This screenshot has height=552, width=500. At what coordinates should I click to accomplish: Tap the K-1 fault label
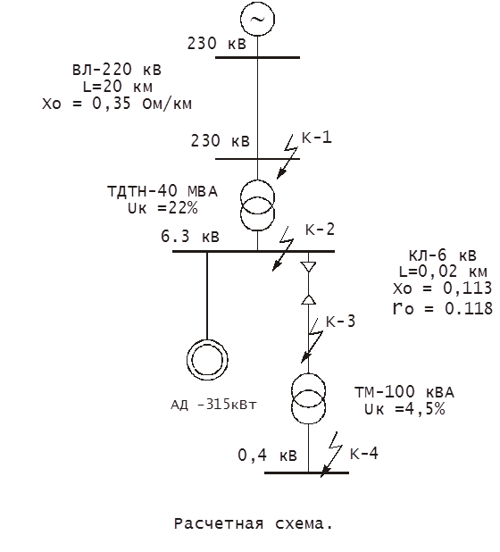(x=317, y=137)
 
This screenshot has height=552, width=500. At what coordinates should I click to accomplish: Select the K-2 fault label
(x=320, y=230)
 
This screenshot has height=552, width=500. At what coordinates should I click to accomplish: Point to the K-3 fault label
(x=340, y=321)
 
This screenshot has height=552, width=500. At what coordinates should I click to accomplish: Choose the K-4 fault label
(x=363, y=453)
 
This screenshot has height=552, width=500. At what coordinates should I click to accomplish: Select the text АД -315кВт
(x=213, y=404)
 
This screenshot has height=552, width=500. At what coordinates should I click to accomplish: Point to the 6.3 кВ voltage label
(x=190, y=236)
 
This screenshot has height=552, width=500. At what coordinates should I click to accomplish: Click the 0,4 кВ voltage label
(x=268, y=456)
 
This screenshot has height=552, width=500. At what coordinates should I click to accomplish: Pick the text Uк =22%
(x=162, y=208)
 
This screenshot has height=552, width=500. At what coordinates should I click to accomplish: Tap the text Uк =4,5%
(x=404, y=409)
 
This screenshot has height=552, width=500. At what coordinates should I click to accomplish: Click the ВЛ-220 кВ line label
(x=117, y=70)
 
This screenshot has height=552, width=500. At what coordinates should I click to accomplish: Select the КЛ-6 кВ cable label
(x=442, y=255)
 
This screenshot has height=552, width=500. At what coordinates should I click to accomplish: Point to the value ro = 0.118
(x=443, y=308)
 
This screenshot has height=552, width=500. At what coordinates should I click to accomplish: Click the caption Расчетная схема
(x=254, y=523)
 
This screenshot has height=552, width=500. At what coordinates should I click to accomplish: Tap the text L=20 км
(x=118, y=87)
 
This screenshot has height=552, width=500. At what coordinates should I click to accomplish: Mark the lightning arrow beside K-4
(x=331, y=455)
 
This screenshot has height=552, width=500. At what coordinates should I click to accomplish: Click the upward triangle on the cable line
(x=308, y=299)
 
